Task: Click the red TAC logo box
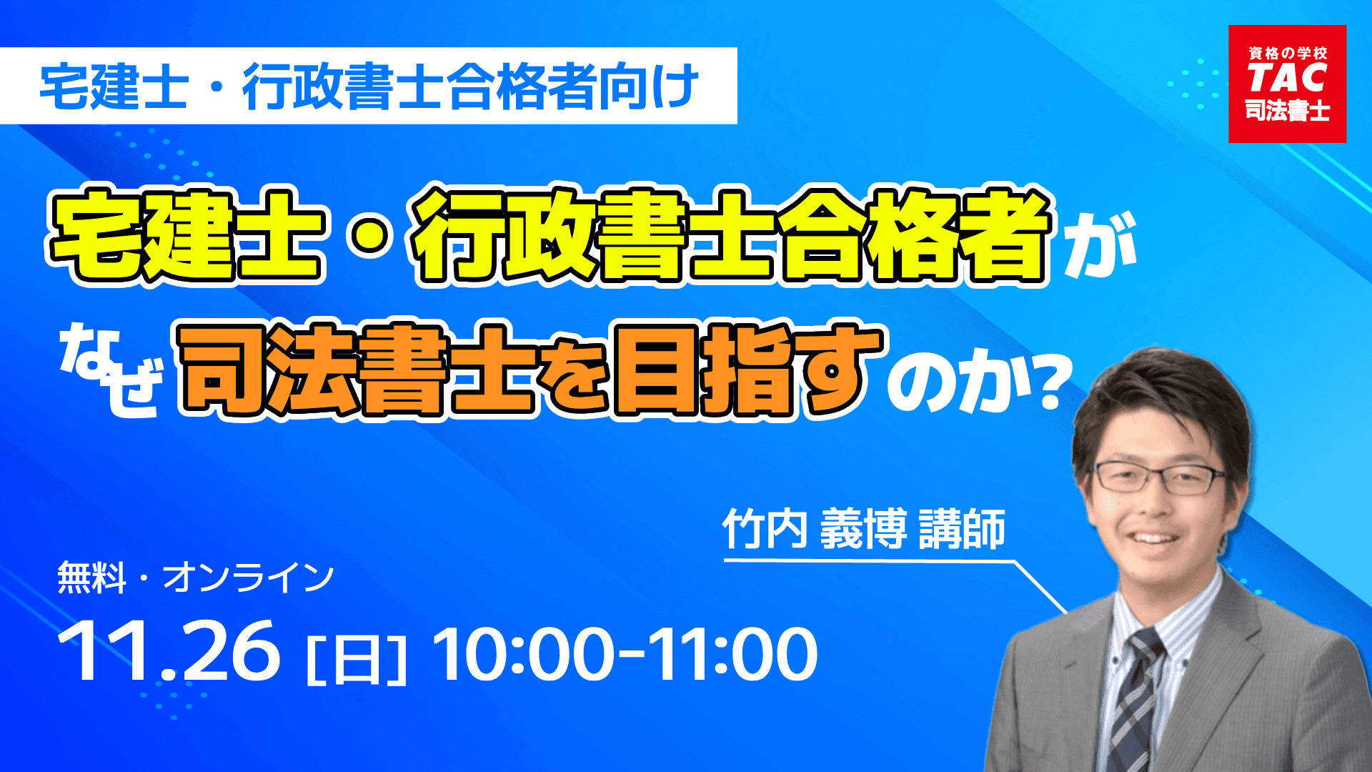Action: (1287, 84)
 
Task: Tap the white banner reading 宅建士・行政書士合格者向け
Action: (369, 86)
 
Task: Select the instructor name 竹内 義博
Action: (814, 530)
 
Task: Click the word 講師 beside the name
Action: (962, 530)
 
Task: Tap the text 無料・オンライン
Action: (195, 578)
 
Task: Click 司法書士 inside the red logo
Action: (1287, 111)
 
